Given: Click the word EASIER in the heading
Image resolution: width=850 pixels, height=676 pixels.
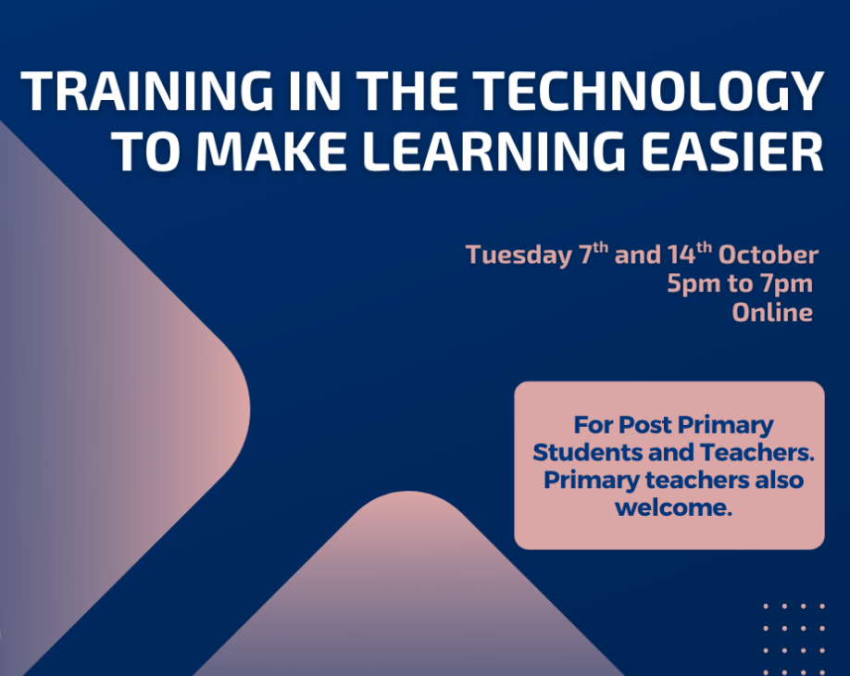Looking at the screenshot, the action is (x=732, y=151).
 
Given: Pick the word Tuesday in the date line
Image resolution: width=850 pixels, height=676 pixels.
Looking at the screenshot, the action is (x=519, y=256).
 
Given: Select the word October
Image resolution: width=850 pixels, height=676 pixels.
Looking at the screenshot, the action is (x=769, y=255).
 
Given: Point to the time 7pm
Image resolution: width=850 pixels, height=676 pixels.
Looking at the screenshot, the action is (x=787, y=284).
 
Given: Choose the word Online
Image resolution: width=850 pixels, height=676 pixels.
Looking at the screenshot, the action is (x=772, y=312).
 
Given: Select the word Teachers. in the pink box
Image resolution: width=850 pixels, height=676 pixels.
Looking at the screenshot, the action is (x=757, y=452).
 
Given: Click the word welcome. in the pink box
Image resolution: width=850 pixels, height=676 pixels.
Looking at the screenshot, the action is (x=673, y=507).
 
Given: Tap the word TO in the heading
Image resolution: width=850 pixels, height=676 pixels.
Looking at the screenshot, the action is (x=146, y=151).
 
